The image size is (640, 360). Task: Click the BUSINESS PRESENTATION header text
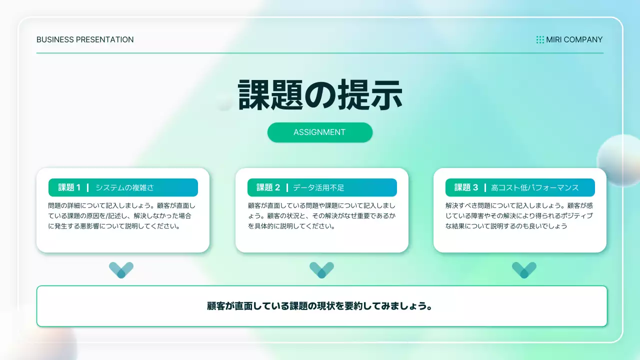coord(85,39)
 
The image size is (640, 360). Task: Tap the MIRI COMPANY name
coord(574,39)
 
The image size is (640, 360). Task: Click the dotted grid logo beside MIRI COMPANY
coord(540,39)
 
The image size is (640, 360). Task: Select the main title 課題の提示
coord(320,95)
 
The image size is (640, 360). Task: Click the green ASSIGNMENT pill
coord(320,132)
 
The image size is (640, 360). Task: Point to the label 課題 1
coord(69,187)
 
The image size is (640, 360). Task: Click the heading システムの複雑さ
coord(124,187)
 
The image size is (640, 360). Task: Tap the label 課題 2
coord(268,187)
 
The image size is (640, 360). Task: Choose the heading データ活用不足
coord(318,187)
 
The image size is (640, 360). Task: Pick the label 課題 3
coord(466,187)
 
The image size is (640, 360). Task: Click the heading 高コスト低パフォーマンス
coord(534,187)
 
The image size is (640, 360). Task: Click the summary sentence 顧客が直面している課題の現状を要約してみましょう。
coord(320,306)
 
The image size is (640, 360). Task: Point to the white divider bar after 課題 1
coord(88,187)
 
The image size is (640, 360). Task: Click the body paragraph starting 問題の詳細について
coord(122,216)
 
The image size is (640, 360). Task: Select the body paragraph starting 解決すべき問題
coord(519,216)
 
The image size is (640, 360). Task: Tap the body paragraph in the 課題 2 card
coord(321,216)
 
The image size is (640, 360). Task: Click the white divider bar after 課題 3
coord(485,187)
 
